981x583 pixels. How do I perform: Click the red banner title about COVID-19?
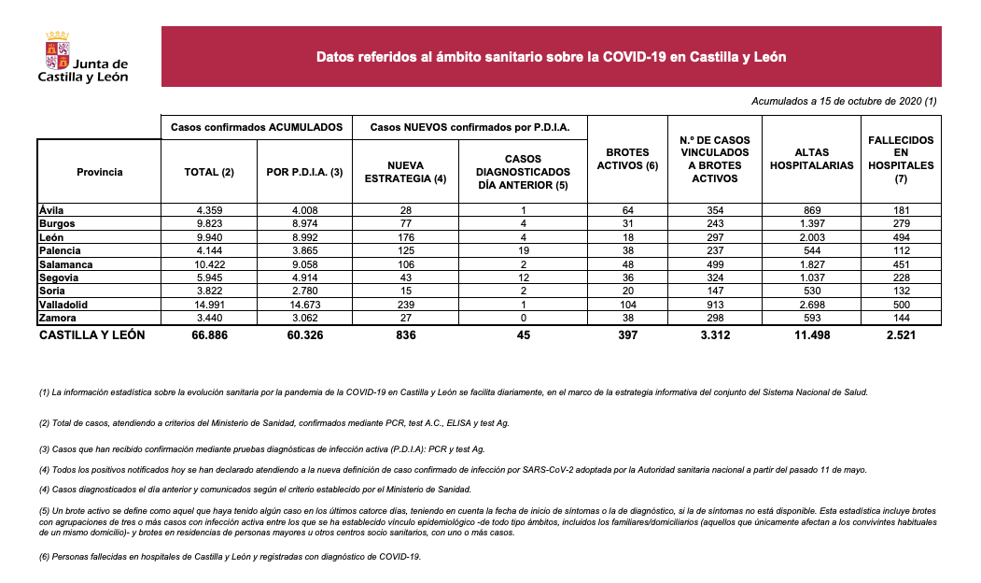click(x=551, y=57)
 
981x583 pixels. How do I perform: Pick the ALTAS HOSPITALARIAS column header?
click(x=811, y=159)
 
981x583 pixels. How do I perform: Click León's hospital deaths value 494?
click(x=901, y=237)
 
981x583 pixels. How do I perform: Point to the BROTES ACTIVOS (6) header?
click(x=627, y=159)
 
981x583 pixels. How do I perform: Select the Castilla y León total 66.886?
click(x=209, y=334)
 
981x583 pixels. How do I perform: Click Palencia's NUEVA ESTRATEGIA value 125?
click(x=405, y=251)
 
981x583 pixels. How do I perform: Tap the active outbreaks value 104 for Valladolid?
click(x=627, y=305)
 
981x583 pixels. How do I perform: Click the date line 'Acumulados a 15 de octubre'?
click(x=843, y=101)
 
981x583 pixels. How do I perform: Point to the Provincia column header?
click(x=100, y=172)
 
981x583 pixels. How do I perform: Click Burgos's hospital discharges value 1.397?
click(x=811, y=224)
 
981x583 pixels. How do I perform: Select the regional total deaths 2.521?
click(x=901, y=334)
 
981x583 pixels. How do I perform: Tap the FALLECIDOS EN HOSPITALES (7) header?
click(x=901, y=159)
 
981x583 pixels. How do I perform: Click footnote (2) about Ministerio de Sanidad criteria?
click(x=274, y=423)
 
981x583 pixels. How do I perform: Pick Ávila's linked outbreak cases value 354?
click(x=715, y=211)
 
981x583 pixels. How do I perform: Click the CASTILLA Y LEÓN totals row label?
click(x=91, y=334)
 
